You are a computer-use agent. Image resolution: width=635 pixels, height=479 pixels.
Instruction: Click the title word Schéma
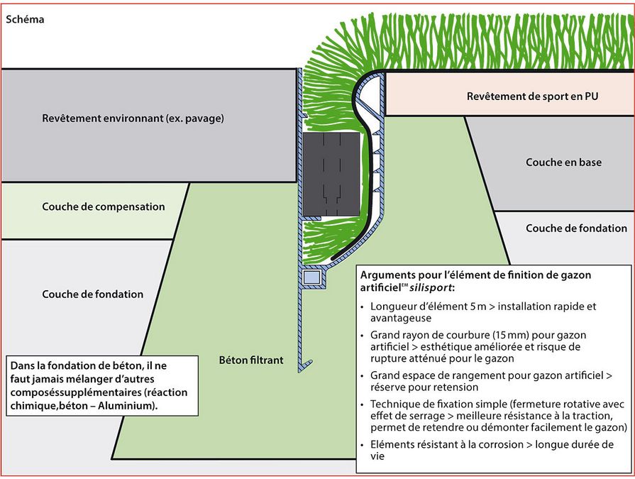tap(25, 19)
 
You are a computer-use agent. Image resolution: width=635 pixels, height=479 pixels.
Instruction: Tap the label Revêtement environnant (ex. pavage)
tap(133, 119)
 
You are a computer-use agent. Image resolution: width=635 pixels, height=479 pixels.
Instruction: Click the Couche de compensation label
tap(104, 207)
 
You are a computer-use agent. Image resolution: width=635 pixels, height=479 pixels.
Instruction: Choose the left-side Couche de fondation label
tap(93, 294)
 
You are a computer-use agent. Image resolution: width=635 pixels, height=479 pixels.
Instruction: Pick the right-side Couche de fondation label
tap(576, 229)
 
